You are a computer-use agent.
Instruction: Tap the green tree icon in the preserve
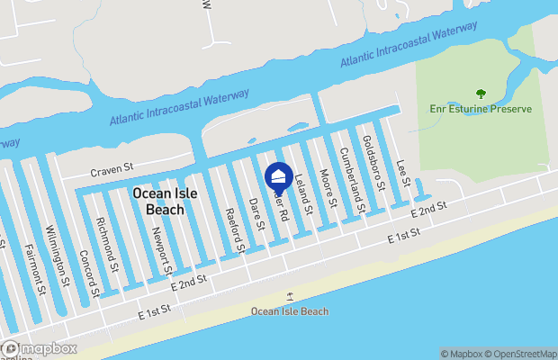(x=481, y=93)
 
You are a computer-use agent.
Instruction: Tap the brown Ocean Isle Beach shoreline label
(x=290, y=311)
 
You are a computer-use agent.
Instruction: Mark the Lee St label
(x=404, y=173)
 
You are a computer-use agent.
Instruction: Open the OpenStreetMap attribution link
(x=523, y=354)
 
